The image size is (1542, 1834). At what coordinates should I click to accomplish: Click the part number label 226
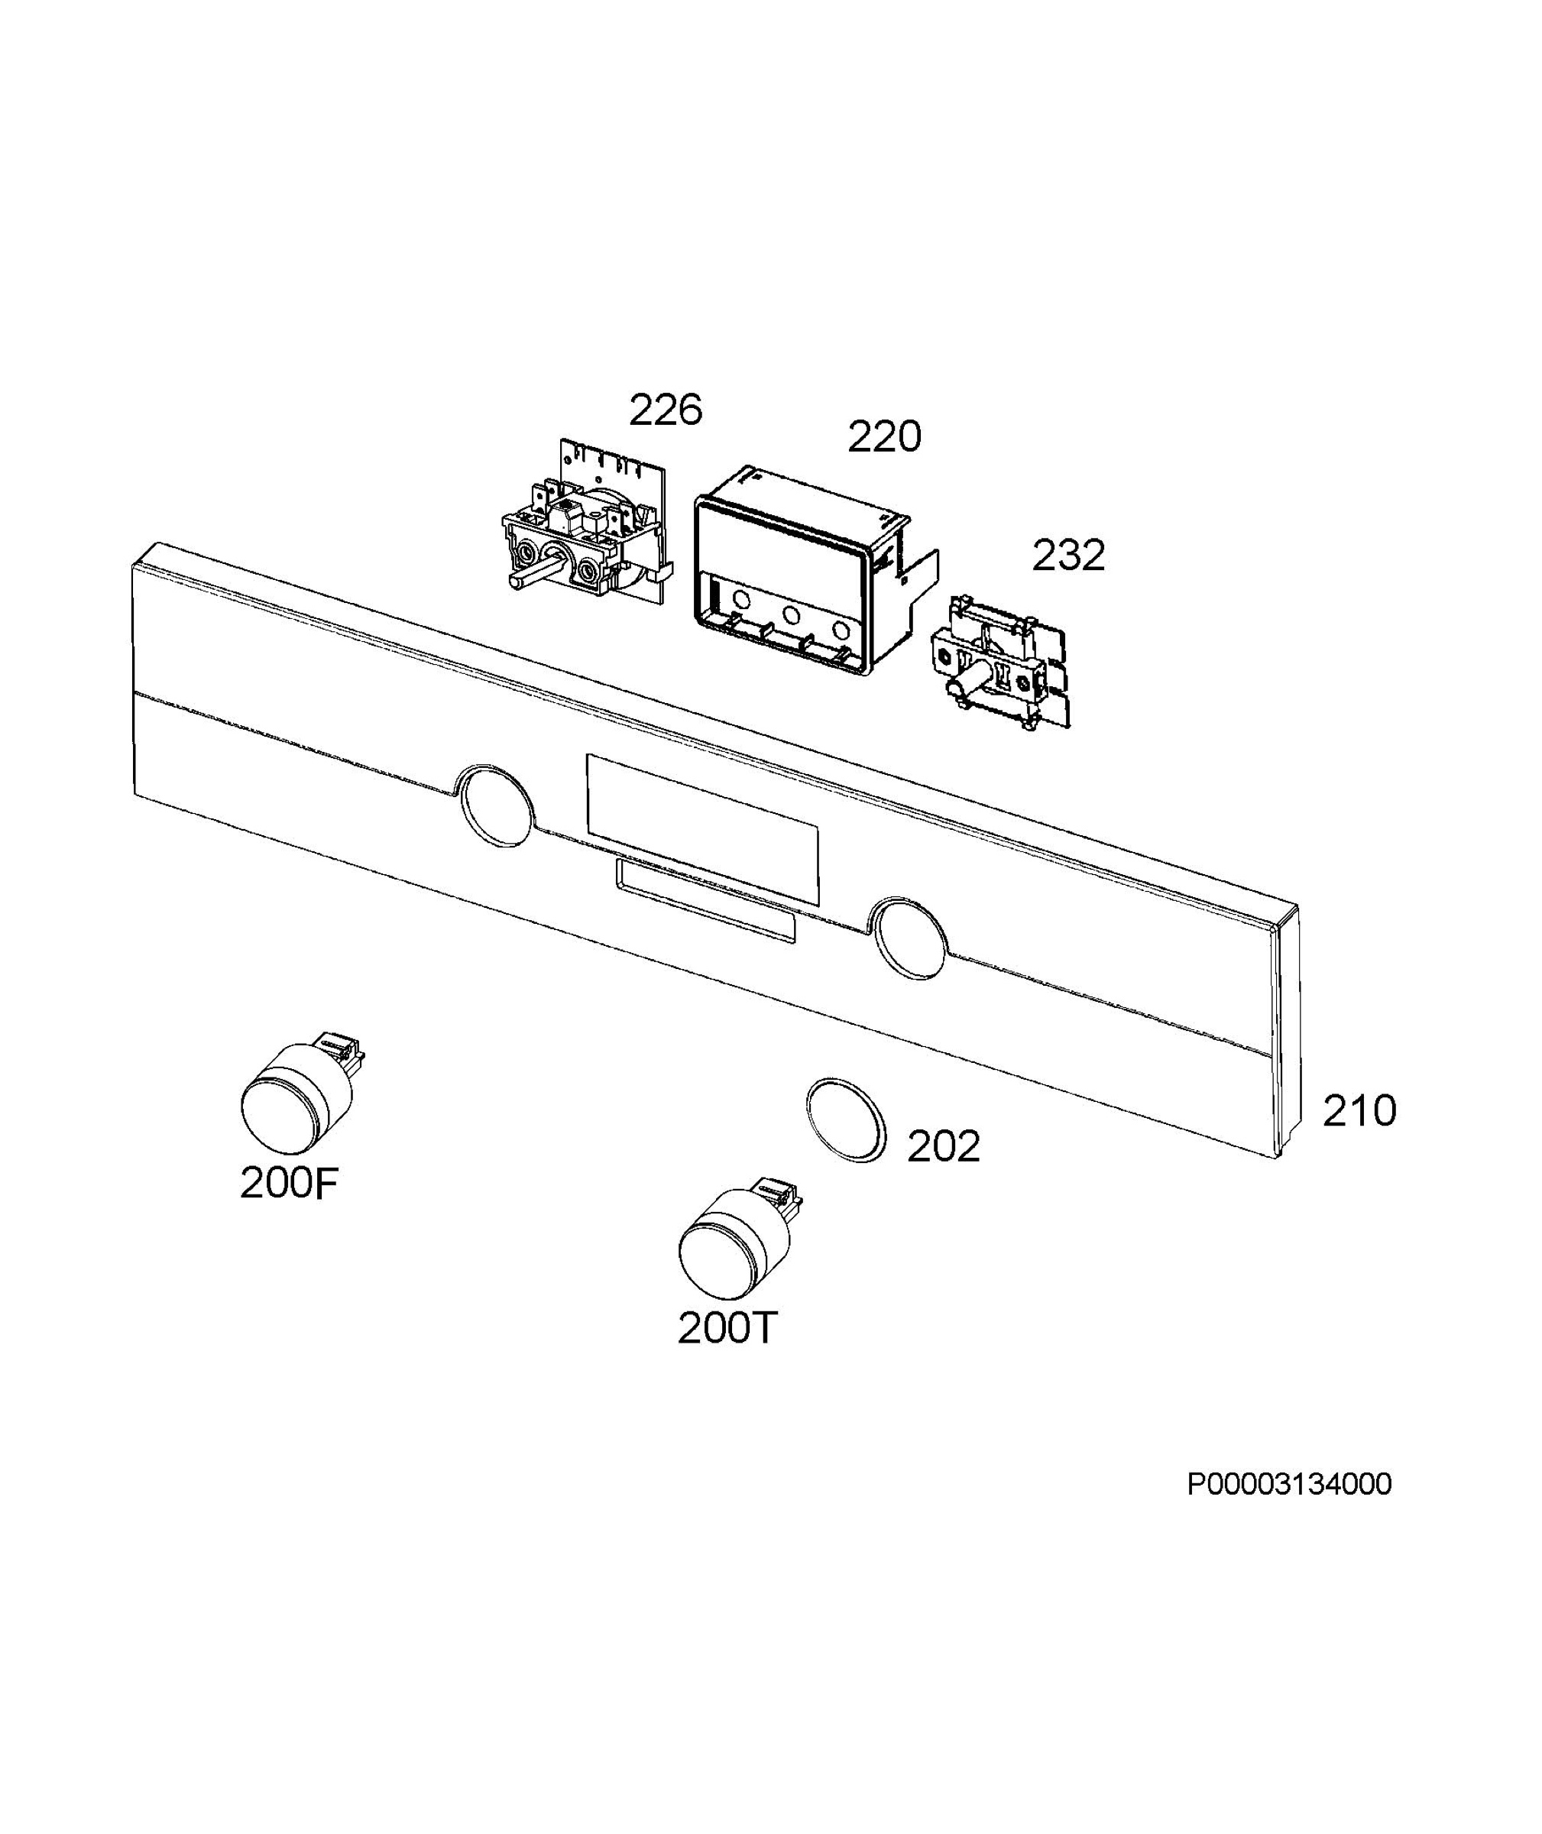click(666, 410)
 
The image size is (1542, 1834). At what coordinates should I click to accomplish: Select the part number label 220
click(884, 436)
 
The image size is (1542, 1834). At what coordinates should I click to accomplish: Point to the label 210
click(1359, 1111)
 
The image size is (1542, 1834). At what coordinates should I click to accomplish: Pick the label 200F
click(289, 1184)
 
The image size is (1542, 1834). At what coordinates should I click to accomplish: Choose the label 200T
click(727, 1329)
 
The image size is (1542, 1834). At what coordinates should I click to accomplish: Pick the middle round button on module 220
click(791, 614)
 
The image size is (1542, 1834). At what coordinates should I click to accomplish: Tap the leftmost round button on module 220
click(742, 600)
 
